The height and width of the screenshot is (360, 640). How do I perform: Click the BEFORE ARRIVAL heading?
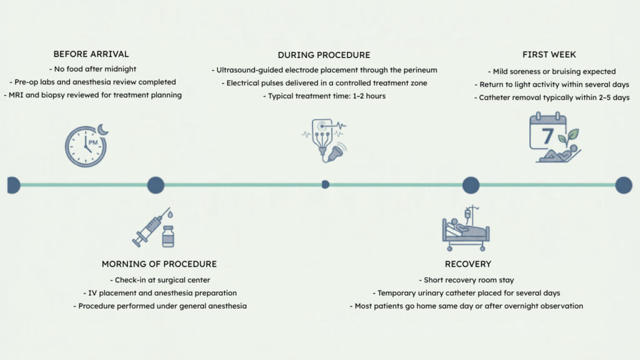tap(91, 54)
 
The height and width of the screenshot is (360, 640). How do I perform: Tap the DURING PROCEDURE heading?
tap(324, 55)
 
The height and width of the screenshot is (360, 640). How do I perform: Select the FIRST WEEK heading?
tap(549, 54)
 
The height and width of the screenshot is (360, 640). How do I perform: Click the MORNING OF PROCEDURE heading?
tap(159, 264)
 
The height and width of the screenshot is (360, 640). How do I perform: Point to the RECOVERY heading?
tap(467, 264)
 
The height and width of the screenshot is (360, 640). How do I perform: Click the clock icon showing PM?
tap(86, 146)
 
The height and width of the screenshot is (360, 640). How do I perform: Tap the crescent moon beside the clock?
tap(103, 129)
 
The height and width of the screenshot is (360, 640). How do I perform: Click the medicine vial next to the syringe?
tap(168, 237)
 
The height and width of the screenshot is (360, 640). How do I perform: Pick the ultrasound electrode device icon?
tap(325, 141)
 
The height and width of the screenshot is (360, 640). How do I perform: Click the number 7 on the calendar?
tap(547, 136)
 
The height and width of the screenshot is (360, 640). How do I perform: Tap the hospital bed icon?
tap(466, 229)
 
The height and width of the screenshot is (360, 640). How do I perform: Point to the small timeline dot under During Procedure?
tap(325, 184)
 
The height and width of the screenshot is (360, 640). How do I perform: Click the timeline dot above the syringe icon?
tap(156, 185)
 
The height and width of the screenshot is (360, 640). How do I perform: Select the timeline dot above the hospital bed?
tap(471, 185)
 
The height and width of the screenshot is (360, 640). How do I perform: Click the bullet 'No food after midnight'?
tap(92, 69)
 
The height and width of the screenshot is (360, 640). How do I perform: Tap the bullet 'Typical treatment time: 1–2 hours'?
tap(324, 96)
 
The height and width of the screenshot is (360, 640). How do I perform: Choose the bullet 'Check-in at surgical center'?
tap(160, 280)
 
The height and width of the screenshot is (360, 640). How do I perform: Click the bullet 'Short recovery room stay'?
tap(466, 280)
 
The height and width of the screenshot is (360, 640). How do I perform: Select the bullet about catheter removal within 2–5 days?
tap(552, 97)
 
